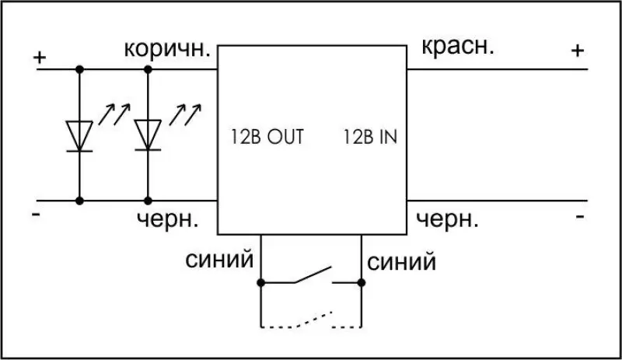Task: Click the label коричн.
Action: [167, 50]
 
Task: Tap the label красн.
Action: [458, 47]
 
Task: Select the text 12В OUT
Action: [267, 137]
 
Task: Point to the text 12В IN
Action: [370, 137]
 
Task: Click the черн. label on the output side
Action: [167, 219]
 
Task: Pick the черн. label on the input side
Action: [447, 219]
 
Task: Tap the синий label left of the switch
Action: [219, 260]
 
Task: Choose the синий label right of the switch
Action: [401, 262]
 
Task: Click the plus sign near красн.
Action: [578, 51]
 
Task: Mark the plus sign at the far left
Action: [40, 58]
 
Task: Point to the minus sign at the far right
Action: [579, 216]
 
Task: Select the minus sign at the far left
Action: [36, 215]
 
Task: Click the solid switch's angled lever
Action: [313, 274]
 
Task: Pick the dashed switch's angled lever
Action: [313, 320]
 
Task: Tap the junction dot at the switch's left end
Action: [260, 282]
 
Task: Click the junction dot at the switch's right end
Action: [361, 282]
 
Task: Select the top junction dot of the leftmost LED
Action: [79, 69]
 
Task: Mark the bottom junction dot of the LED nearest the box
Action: [148, 201]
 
